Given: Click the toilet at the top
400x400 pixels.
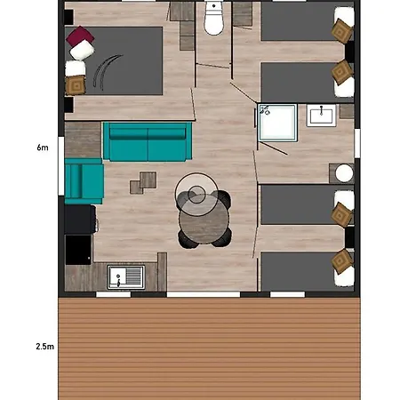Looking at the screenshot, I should (x=213, y=20).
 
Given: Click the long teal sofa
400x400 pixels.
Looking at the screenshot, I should (x=148, y=141).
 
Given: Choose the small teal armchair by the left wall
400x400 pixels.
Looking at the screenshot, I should (x=84, y=180).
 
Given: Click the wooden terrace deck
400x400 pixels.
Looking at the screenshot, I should (x=209, y=347).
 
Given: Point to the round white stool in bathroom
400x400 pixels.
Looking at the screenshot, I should (x=343, y=172).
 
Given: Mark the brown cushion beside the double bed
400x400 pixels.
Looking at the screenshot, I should (x=76, y=85).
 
